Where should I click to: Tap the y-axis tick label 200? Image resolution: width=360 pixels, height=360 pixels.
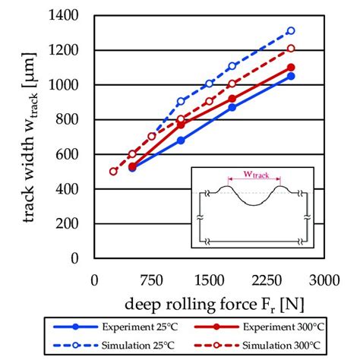pos(72,223)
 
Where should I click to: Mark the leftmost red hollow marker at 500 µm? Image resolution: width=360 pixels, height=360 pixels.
pos(113,171)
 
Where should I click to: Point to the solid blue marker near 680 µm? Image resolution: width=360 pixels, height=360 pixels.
pos(181,140)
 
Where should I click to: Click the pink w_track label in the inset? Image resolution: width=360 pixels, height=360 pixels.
pos(254,175)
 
